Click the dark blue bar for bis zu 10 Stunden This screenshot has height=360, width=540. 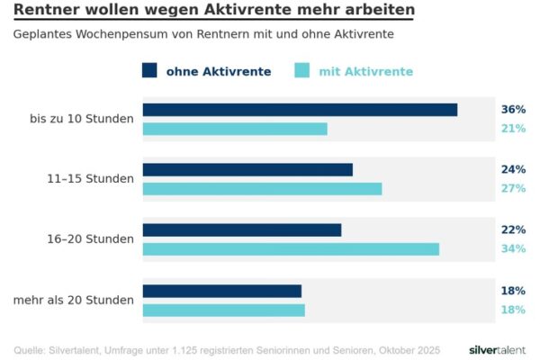pos(300,110)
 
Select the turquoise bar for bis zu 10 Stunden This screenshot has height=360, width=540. pos(235,129)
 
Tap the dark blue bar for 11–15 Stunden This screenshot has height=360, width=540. pos(247,169)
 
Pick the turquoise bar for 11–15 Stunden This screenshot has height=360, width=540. pos(262,189)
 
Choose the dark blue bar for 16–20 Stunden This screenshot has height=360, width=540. pos(242,229)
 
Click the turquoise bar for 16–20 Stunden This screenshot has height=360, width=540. pos(291,248)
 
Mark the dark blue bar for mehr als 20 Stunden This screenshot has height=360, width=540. pos(221,291)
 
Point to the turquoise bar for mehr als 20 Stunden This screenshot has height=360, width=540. pos(223,310)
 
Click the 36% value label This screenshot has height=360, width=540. pos(513,110)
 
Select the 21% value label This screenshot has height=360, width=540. pos(513,129)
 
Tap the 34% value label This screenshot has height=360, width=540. pos(513,248)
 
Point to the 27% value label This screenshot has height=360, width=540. pos(513,189)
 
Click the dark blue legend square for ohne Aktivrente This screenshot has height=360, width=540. pos(150,71)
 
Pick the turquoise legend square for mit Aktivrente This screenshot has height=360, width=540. pos(302,71)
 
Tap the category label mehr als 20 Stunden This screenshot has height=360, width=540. pos(74,300)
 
